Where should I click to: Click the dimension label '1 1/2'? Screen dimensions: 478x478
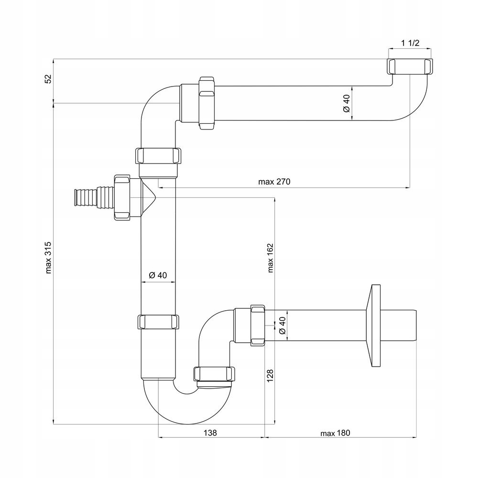coord(410,43)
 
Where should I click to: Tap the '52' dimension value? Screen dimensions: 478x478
coord(48,79)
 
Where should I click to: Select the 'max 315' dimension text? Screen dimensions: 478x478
coord(48,257)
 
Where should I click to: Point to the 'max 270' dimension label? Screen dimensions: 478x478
coord(274,182)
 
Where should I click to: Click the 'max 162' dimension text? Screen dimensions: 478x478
coord(271,257)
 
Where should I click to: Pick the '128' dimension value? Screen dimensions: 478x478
coord(271,376)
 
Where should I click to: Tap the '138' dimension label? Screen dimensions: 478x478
coord(210,433)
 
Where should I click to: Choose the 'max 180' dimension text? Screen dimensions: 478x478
coord(336,433)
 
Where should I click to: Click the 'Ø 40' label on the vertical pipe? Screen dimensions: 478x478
coord(158,275)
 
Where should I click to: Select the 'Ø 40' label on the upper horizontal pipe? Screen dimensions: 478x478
coord(347,103)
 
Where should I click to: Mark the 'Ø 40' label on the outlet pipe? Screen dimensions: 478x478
coord(282,326)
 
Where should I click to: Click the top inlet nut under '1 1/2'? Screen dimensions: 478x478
coord(410,66)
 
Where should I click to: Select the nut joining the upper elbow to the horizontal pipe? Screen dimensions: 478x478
coord(207,103)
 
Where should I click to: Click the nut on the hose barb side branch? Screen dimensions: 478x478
coord(122,197)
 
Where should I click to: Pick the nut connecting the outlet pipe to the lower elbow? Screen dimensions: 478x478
coord(259,325)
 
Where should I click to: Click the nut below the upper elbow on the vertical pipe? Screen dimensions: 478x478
coord(158,156)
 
